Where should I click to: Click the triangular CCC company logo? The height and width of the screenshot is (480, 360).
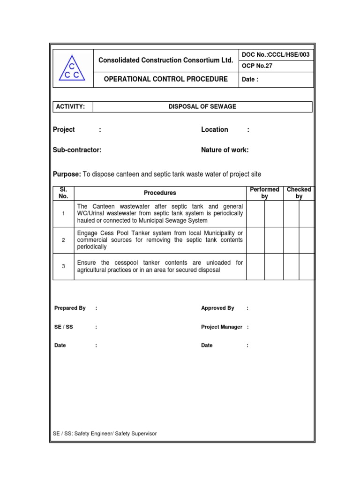pyautogui.click(x=72, y=68)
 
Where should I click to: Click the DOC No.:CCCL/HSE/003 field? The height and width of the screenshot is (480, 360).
pyautogui.click(x=275, y=55)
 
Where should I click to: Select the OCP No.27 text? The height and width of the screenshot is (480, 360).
pyautogui.click(x=257, y=66)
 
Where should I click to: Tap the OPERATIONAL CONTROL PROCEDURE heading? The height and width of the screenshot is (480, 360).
pyautogui.click(x=165, y=79)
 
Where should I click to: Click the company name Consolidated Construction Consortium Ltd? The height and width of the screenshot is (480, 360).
pyautogui.click(x=165, y=60)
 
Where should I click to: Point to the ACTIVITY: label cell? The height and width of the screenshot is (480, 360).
pyautogui.click(x=70, y=107)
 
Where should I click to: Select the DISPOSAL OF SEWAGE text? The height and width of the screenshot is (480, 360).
pyautogui.click(x=202, y=107)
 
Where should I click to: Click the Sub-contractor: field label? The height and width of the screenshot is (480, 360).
pyautogui.click(x=77, y=150)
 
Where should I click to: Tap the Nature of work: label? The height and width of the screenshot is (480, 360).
pyautogui.click(x=225, y=150)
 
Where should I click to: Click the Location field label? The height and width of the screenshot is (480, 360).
pyautogui.click(x=214, y=129)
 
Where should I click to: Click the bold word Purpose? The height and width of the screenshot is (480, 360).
pyautogui.click(x=67, y=174)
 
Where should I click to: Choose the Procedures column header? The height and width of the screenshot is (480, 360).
pyautogui.click(x=160, y=193)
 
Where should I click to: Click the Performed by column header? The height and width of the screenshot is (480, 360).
pyautogui.click(x=264, y=193)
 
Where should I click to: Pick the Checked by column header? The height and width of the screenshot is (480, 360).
pyautogui.click(x=299, y=193)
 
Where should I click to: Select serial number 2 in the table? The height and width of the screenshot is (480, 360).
pyautogui.click(x=63, y=240)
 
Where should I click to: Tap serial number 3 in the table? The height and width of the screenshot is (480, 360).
pyautogui.click(x=63, y=266)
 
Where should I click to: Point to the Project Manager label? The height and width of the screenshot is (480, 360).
pyautogui.click(x=221, y=327)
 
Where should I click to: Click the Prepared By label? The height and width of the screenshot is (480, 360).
pyautogui.click(x=70, y=308)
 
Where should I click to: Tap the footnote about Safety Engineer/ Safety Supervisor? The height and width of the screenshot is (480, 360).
pyautogui.click(x=105, y=434)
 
